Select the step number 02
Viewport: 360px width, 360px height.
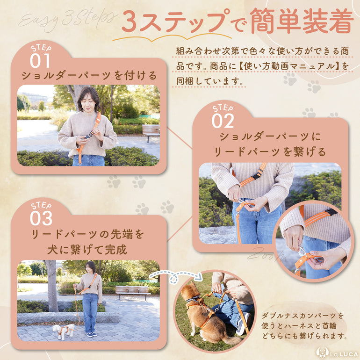223,120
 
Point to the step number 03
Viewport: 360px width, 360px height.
41,217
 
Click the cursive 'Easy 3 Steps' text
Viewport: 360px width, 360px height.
67,19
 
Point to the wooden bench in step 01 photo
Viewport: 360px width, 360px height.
151,130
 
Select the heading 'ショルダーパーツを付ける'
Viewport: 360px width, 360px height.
88,75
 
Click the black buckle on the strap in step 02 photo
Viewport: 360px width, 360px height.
256,176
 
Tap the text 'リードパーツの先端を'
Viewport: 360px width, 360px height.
88,234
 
